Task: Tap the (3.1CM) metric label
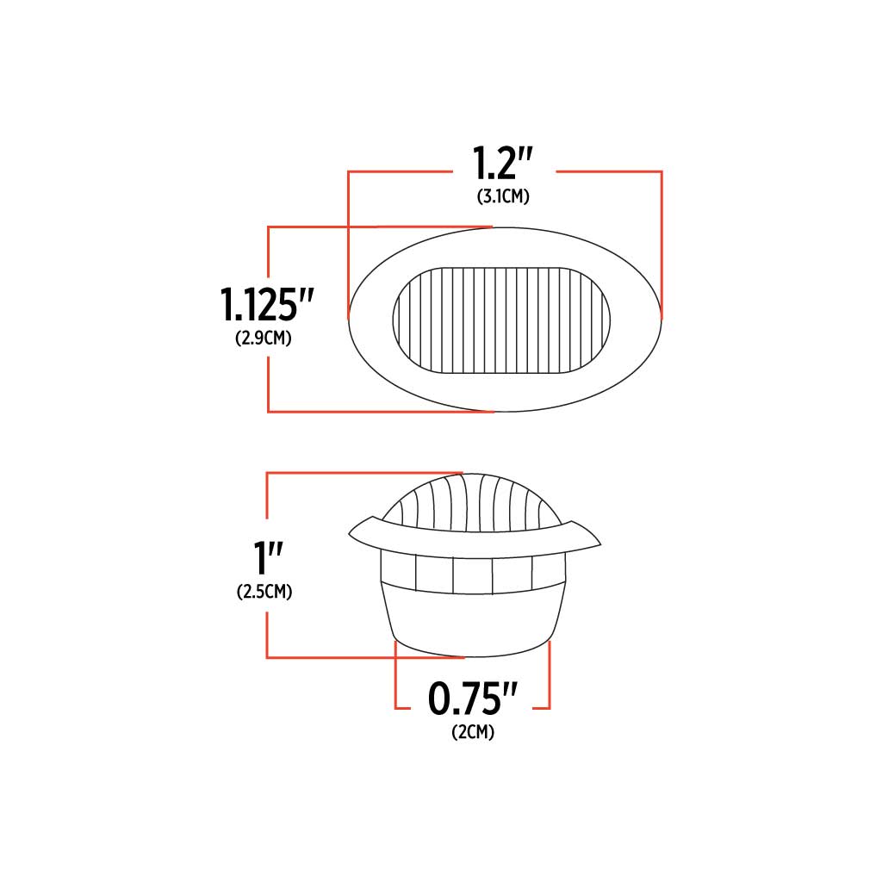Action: click(x=503, y=196)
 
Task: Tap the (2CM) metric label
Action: click(x=473, y=733)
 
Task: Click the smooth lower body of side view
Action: click(x=473, y=618)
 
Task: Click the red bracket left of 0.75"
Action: click(x=397, y=689)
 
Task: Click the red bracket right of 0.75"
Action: click(x=548, y=689)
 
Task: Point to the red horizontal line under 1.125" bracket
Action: click(x=379, y=412)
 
